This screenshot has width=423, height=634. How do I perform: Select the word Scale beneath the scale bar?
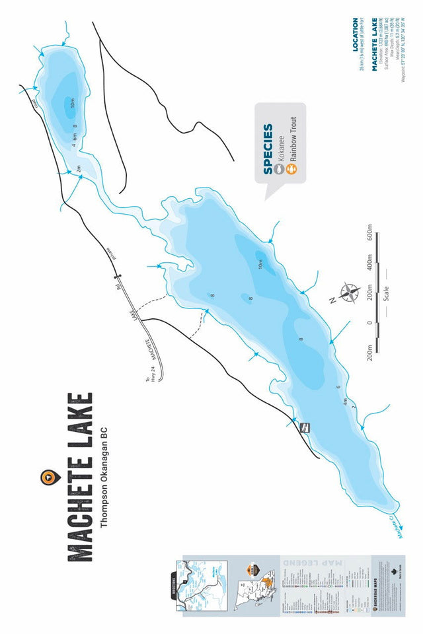point(385,291)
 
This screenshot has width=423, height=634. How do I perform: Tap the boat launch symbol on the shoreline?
point(305,427)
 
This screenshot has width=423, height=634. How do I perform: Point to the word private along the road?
point(110,254)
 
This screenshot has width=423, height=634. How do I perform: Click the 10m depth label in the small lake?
point(72,102)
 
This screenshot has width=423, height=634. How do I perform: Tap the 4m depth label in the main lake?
point(344,401)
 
